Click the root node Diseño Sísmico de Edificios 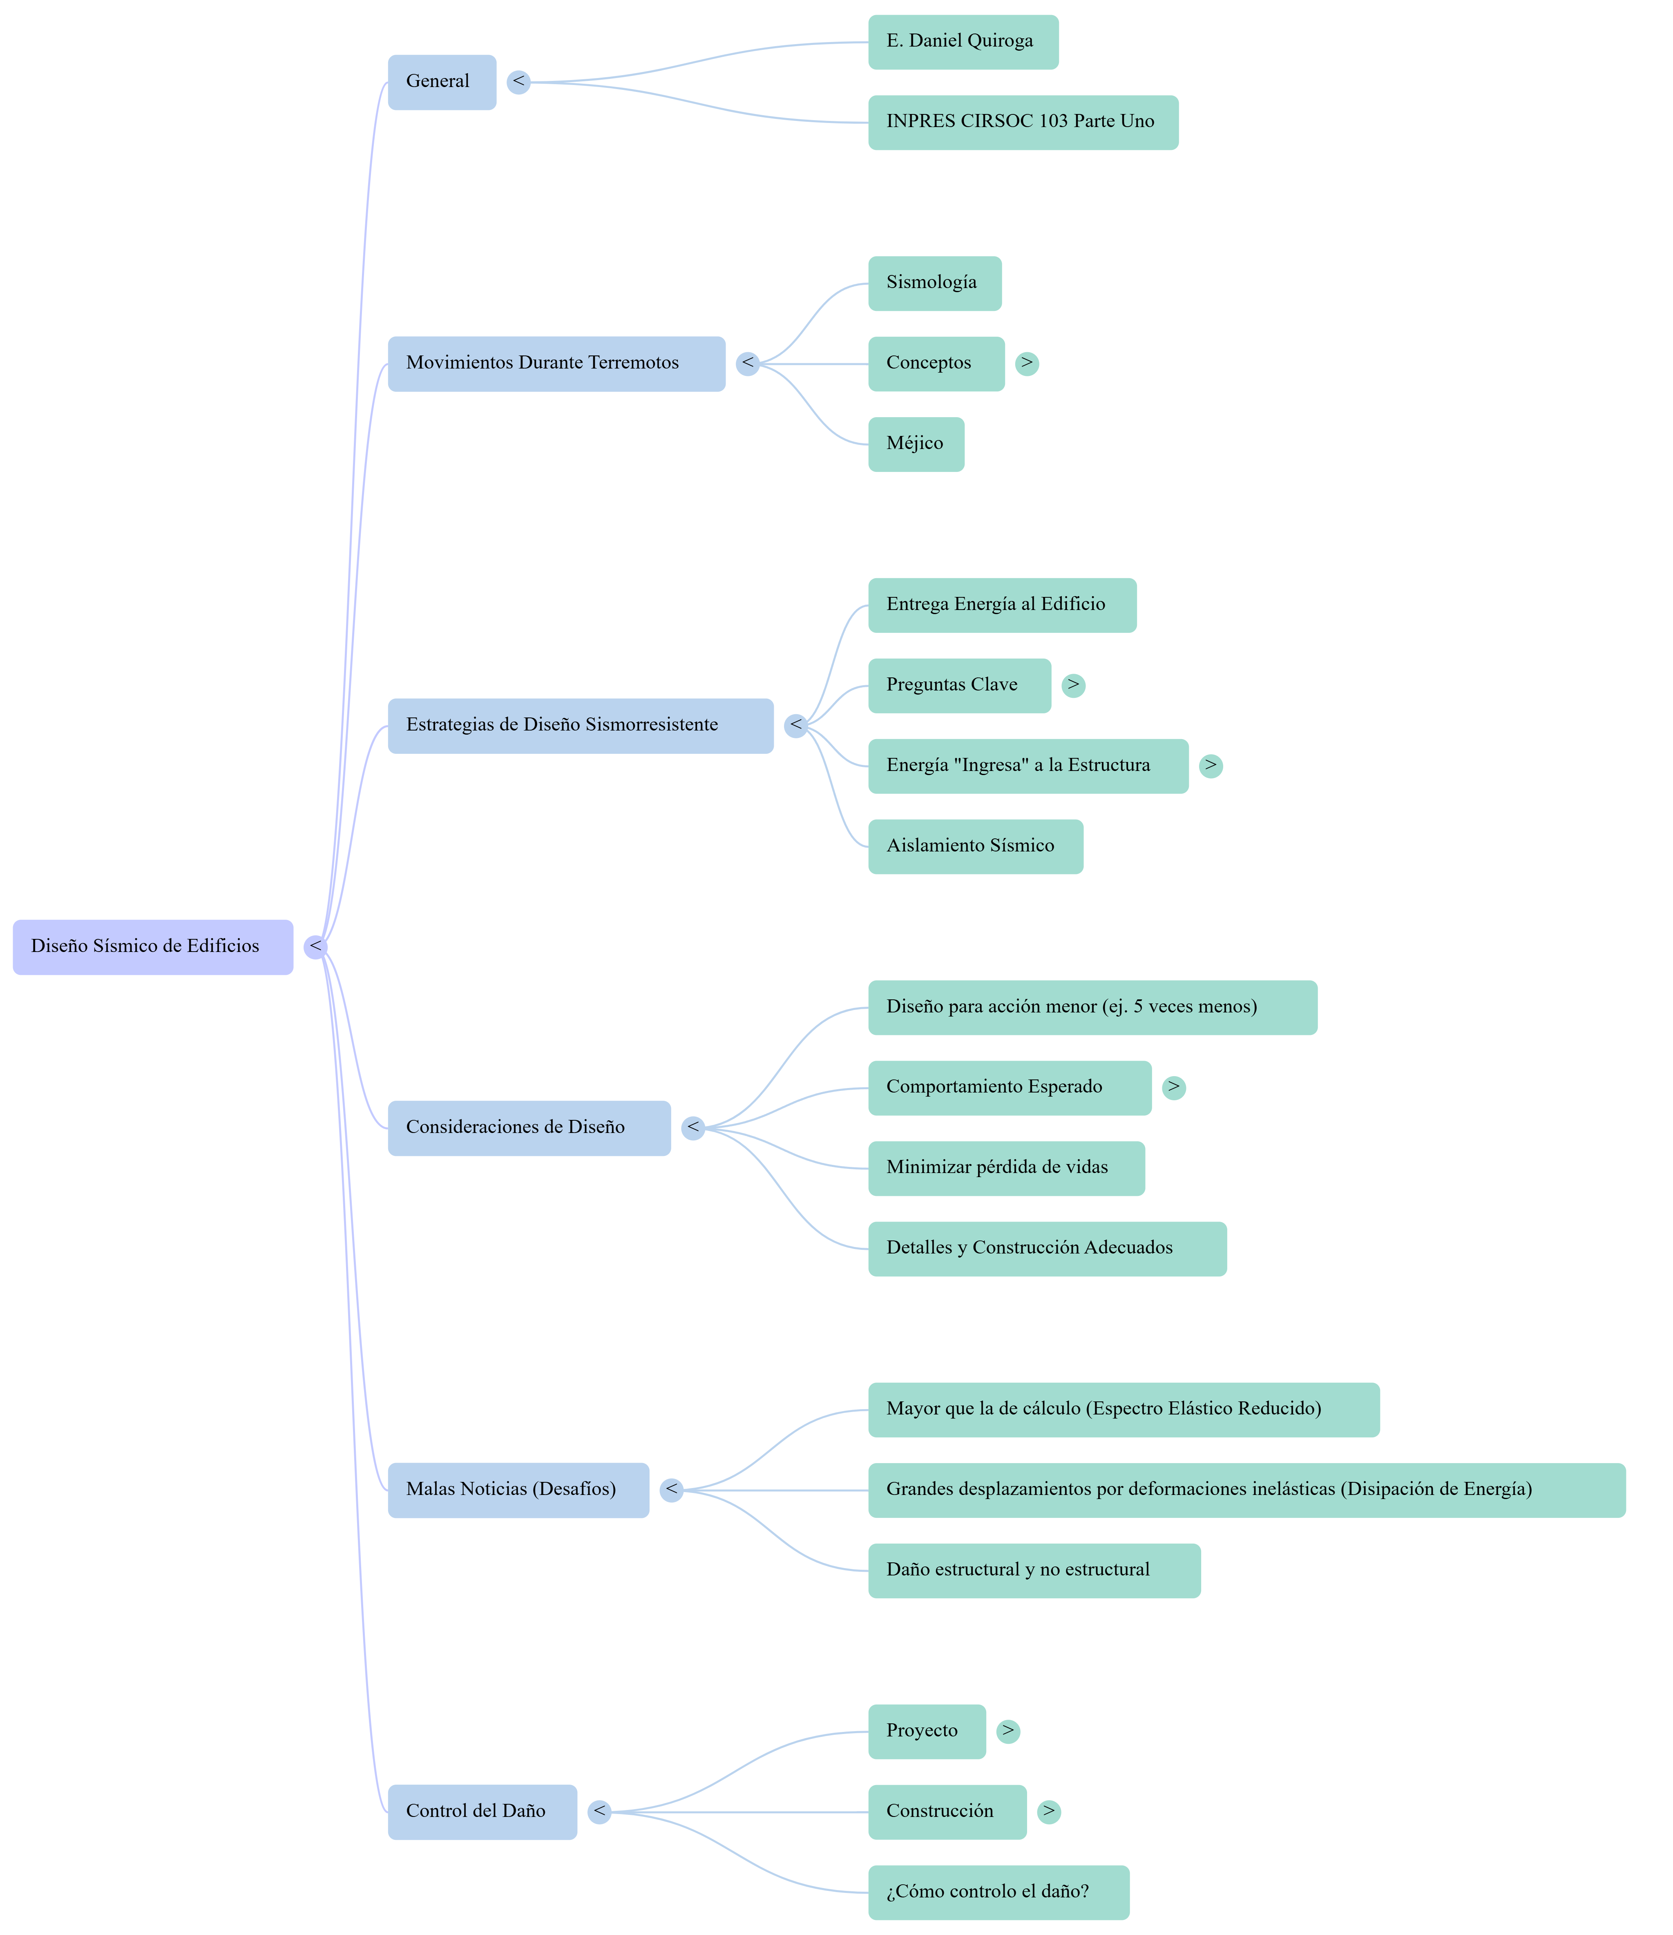click(152, 947)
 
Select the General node click(442, 82)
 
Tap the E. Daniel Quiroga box click(963, 42)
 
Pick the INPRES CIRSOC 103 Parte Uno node click(1022, 122)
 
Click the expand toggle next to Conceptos click(1027, 363)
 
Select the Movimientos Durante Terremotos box click(556, 363)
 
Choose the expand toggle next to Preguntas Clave click(1074, 686)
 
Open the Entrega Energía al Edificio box click(1002, 605)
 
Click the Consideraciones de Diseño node click(528, 1128)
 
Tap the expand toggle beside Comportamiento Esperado click(1173, 1088)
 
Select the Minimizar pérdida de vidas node click(1005, 1168)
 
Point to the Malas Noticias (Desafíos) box click(518, 1490)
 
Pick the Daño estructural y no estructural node click(1034, 1571)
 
